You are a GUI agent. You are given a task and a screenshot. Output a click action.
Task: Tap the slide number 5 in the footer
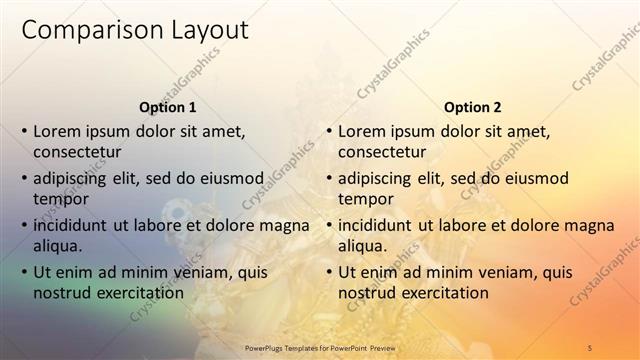coord(590,347)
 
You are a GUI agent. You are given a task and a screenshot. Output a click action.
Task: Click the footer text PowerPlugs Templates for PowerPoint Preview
coord(321,347)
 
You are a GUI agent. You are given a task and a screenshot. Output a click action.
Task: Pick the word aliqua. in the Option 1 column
coord(58,246)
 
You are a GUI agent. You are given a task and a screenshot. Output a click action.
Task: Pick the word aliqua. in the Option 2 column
coord(363,246)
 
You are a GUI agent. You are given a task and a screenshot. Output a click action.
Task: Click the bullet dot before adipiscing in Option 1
coord(24,178)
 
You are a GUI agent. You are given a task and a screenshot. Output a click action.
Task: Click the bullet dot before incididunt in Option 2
coord(329,225)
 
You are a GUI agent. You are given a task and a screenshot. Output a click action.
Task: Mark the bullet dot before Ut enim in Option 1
coord(24,272)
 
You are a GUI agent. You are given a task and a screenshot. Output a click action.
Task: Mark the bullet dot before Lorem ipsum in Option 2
coord(329,131)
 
